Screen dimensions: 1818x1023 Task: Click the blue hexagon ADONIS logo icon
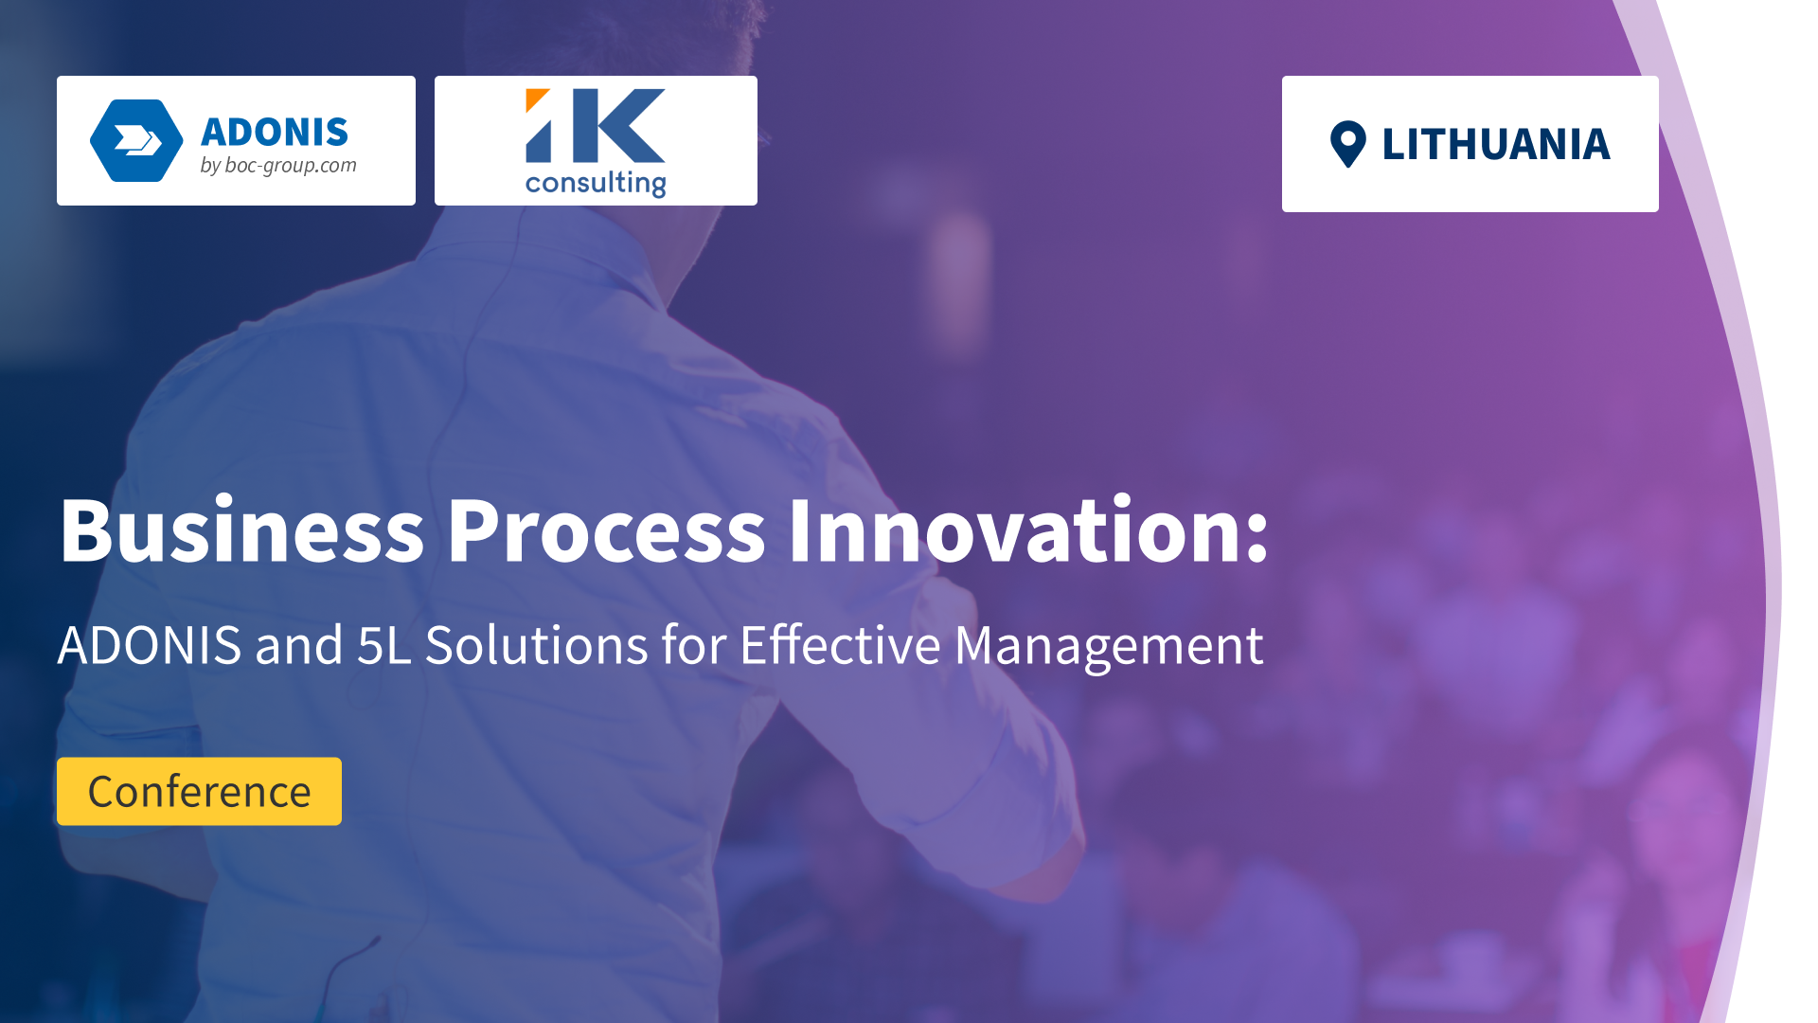tap(136, 140)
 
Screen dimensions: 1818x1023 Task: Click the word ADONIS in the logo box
tap(275, 133)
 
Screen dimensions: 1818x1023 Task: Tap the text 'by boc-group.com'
tap(278, 166)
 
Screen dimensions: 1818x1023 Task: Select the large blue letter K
tap(619, 126)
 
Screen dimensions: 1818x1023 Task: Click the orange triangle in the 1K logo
tap(536, 99)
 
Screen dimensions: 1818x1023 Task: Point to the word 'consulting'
tap(596, 183)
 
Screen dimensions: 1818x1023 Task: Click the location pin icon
tap(1347, 145)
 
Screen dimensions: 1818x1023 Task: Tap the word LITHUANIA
tap(1496, 145)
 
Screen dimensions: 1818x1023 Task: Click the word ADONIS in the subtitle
tap(150, 646)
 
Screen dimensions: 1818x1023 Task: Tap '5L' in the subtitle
tap(383, 646)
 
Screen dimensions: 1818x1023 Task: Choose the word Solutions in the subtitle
tap(537, 646)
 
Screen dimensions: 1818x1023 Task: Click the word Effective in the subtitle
tap(840, 644)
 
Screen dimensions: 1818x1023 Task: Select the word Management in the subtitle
tap(1109, 648)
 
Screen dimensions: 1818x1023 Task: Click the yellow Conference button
tap(199, 791)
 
